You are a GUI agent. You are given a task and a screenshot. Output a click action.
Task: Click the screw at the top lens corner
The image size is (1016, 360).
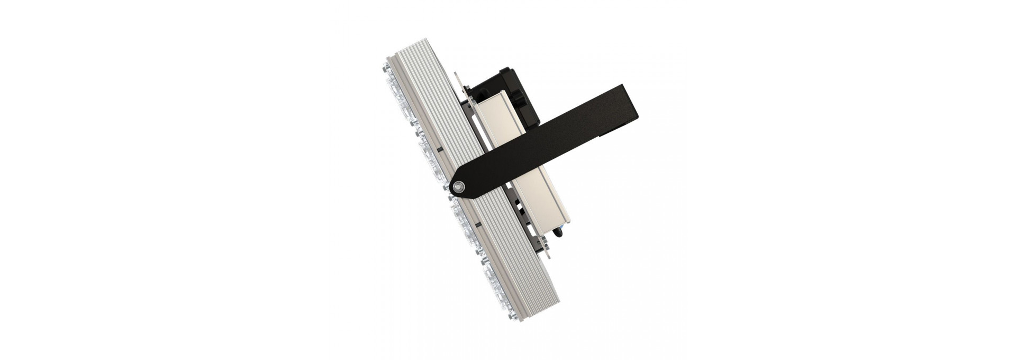click(382, 69)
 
